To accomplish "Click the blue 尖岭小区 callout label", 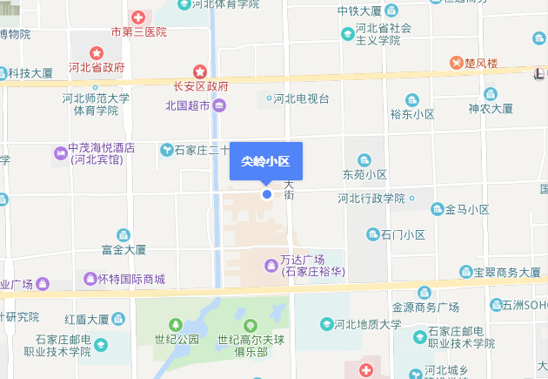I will click(265, 161).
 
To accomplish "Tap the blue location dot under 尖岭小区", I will click(267, 193).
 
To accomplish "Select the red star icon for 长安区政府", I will click(200, 71).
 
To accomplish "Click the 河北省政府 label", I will click(97, 67).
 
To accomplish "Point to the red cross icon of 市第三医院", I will click(138, 17).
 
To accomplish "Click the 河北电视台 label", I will click(301, 98).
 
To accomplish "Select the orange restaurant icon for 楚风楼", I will click(457, 63).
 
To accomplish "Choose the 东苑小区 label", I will click(364, 174).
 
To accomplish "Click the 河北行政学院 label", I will click(371, 199).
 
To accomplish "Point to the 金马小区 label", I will click(467, 209).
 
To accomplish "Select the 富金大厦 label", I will click(124, 250).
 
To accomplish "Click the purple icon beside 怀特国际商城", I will click(89, 279).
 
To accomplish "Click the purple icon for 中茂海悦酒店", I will click(60, 153).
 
